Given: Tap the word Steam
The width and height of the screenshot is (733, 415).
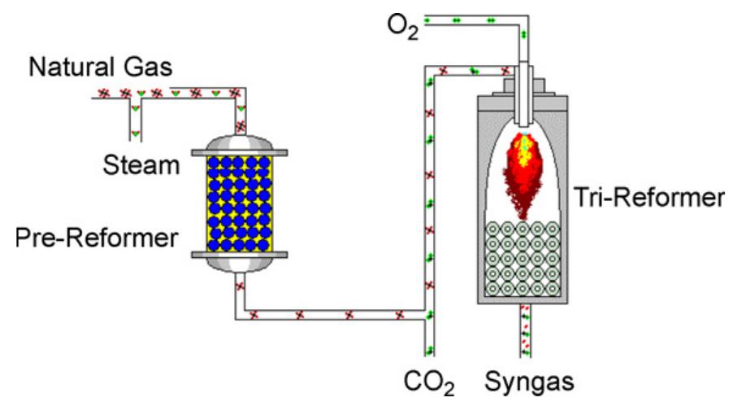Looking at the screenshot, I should coord(141,165).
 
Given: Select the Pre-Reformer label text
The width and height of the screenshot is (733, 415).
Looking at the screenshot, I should coord(97,238).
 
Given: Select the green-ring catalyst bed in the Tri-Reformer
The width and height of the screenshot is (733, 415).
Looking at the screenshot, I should coord(524,258).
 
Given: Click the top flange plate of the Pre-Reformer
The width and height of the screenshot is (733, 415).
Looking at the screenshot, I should coord(238,151).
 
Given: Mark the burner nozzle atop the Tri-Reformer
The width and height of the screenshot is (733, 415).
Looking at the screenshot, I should coord(524,81).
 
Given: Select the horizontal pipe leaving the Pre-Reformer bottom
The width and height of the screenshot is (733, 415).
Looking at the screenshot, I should coord(333,314).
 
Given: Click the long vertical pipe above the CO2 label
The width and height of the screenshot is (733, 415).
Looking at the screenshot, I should coord(429,203).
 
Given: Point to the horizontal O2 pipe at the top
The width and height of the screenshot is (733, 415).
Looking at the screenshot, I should coord(471,20).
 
